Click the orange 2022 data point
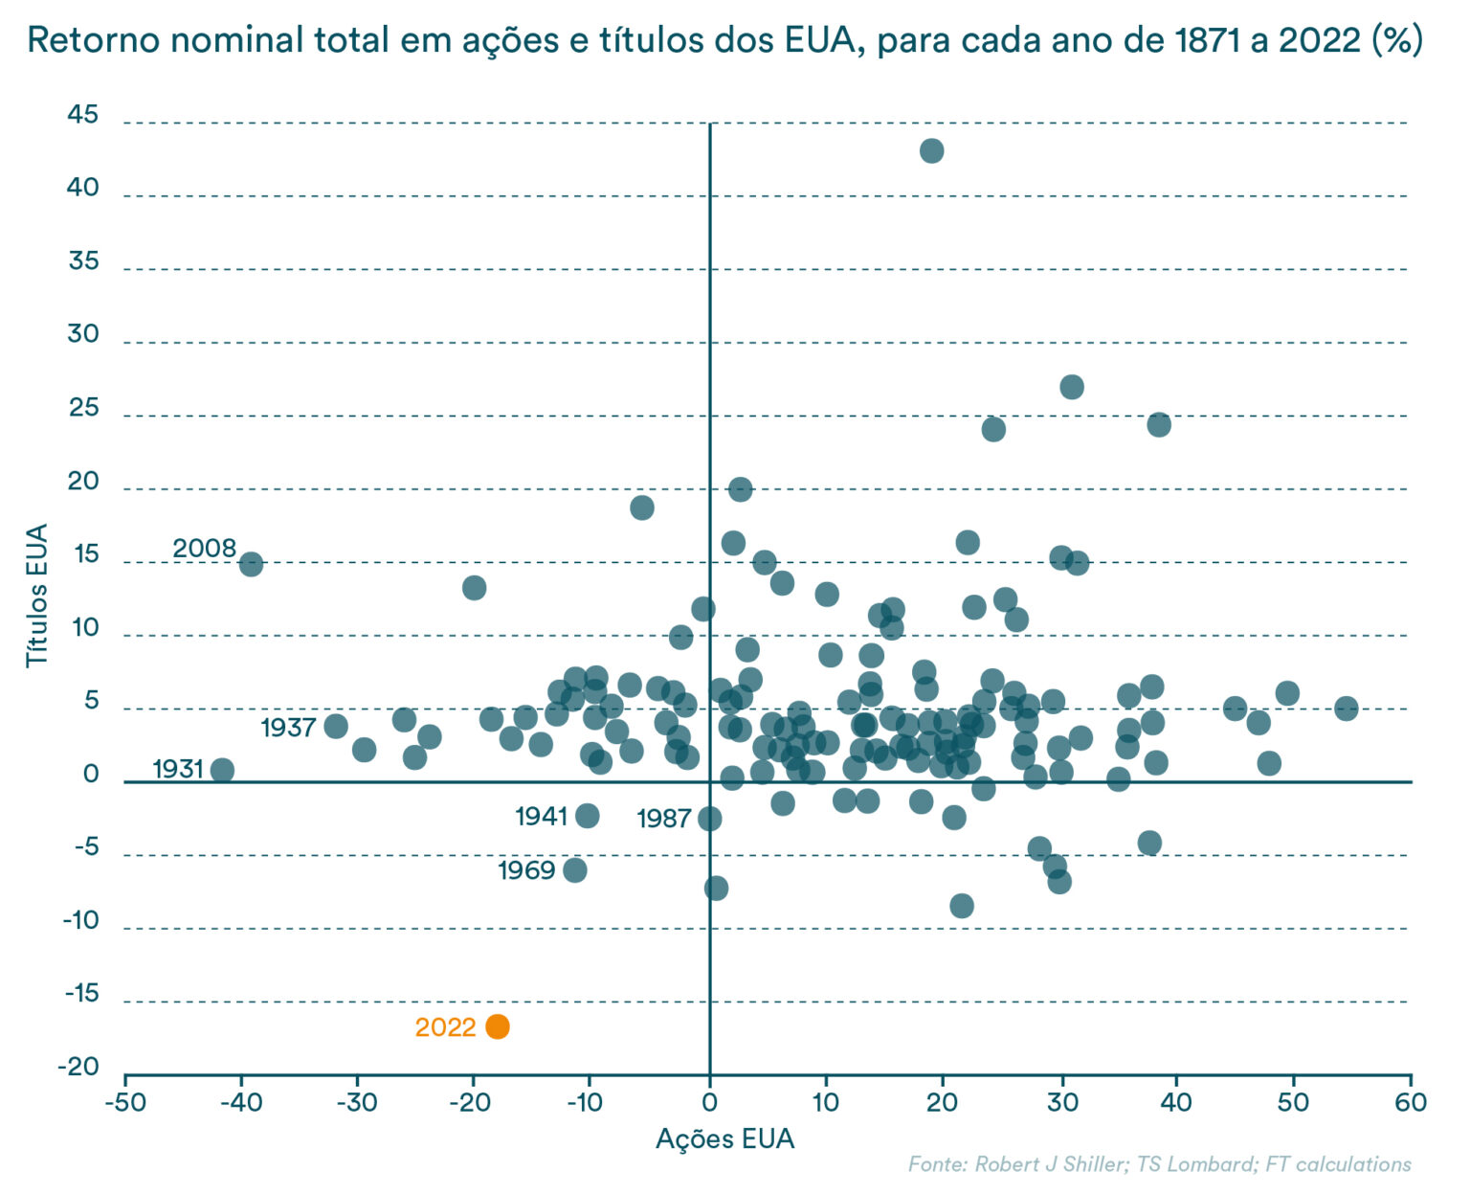[x=498, y=1026]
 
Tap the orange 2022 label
[x=445, y=1027]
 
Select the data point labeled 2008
[x=251, y=564]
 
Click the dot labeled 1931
[x=222, y=770]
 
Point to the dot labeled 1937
[x=336, y=726]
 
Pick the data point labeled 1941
[x=588, y=816]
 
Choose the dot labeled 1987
[x=709, y=819]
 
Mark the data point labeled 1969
[x=575, y=870]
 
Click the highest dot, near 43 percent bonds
[x=931, y=150]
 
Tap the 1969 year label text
[x=526, y=870]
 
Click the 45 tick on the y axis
[x=83, y=115]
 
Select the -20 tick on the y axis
[x=81, y=1067]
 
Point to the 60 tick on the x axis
[x=1411, y=1102]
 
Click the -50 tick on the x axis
[x=125, y=1102]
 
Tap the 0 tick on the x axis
[x=709, y=1102]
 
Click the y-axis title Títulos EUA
[x=36, y=596]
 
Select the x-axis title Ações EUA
[x=724, y=1138]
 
